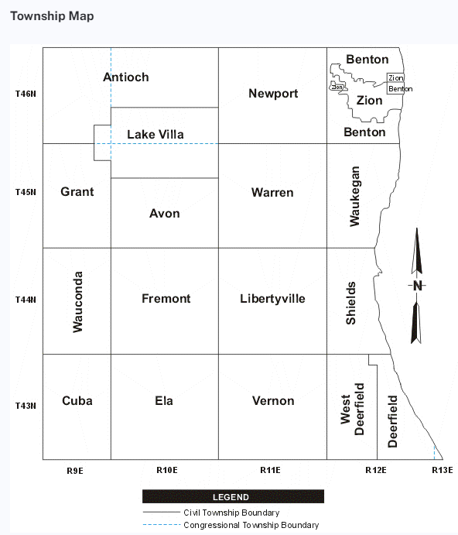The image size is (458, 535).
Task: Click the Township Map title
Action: pos(52,16)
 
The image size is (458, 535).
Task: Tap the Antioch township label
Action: pos(126,77)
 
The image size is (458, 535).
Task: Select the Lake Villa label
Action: pos(156,135)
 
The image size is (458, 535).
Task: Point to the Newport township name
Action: pos(273,94)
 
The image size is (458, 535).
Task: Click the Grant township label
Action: pos(77,192)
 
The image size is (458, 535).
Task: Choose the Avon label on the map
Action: pos(164,214)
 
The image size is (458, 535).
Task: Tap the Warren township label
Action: pos(272,193)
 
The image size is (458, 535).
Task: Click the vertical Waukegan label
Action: pos(354,196)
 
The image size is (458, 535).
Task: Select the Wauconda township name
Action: pos(78,302)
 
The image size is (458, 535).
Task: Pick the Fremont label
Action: pos(166,299)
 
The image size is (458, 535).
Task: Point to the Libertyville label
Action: pos(272,299)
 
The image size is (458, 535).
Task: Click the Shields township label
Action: pos(351,303)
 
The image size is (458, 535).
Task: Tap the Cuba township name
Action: pos(77,400)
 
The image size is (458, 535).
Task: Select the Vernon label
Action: pos(273,400)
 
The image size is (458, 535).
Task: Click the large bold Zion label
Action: pos(369,101)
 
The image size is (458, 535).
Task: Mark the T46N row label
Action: pos(26,94)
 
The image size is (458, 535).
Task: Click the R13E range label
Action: pos(443,470)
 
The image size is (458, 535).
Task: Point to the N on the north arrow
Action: pos(418,286)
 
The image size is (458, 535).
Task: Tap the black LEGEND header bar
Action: pos(234,496)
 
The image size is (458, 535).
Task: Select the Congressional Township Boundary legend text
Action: pos(251,525)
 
